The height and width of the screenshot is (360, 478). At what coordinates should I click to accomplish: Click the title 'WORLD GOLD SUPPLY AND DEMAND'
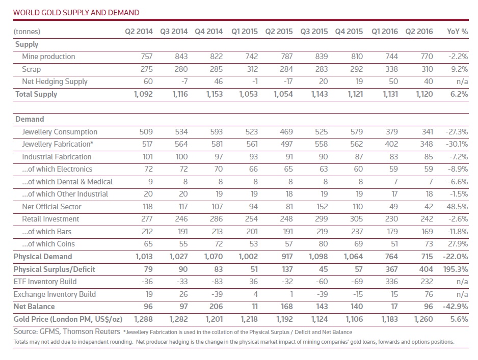click(76, 12)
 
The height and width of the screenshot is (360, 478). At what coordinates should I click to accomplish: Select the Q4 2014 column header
click(208, 32)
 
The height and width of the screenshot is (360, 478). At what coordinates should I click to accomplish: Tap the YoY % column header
click(457, 32)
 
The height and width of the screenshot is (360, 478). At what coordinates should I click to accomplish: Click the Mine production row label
click(48, 57)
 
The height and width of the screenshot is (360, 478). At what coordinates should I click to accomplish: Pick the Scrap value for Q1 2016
click(390, 69)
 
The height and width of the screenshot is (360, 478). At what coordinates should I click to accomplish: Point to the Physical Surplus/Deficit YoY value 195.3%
click(455, 269)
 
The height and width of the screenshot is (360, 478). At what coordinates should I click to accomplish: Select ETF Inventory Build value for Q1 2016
click(390, 282)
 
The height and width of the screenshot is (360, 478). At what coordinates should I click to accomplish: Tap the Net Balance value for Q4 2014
click(216, 307)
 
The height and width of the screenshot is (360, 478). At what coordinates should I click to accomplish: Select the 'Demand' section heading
click(30, 119)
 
